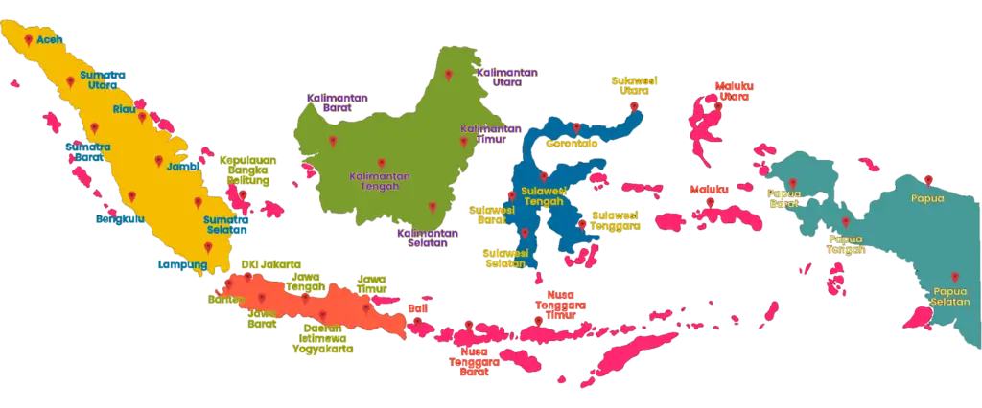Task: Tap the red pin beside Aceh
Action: pos(30,40)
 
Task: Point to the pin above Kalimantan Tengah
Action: pos(381,161)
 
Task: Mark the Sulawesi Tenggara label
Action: pos(615,219)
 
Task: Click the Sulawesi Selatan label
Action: pos(503,257)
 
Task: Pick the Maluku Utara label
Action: pos(734,92)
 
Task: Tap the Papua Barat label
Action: pos(784,197)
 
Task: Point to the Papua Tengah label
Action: pos(847,244)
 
